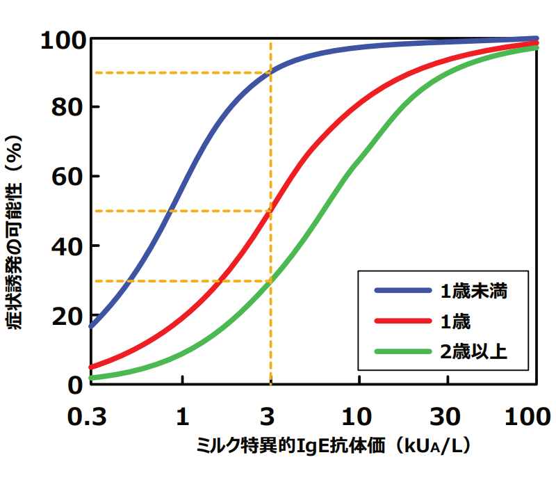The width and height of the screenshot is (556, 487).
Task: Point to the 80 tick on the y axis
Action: point(67,107)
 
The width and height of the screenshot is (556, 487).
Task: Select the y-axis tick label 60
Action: point(67,177)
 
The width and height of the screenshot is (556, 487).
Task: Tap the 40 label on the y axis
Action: point(67,246)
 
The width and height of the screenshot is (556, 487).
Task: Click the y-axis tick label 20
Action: point(67,315)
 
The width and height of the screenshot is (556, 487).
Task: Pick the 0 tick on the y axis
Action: point(75,384)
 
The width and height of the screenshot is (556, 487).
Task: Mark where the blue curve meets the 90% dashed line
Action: point(270,72)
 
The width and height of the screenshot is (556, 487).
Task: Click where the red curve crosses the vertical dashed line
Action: point(270,211)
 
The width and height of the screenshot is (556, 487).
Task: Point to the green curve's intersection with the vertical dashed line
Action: point(270,281)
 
